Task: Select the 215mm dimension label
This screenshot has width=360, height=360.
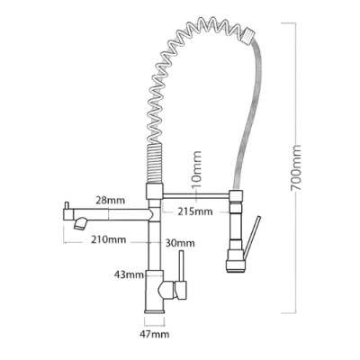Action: [x=195, y=212]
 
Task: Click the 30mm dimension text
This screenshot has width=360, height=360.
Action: [x=179, y=242]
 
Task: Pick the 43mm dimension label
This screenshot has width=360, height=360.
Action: [x=130, y=274]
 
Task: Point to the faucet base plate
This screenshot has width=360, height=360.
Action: [x=153, y=315]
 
